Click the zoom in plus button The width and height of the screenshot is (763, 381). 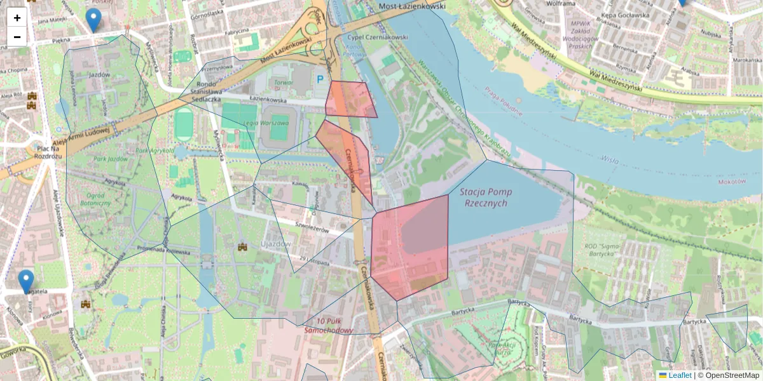point(17,18)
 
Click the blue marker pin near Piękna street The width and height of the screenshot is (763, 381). point(93,20)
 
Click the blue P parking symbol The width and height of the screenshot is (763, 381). point(320,79)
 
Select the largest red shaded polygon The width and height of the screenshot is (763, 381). point(410,248)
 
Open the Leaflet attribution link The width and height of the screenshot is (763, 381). point(679,375)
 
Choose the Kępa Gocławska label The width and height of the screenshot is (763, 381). point(628,15)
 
